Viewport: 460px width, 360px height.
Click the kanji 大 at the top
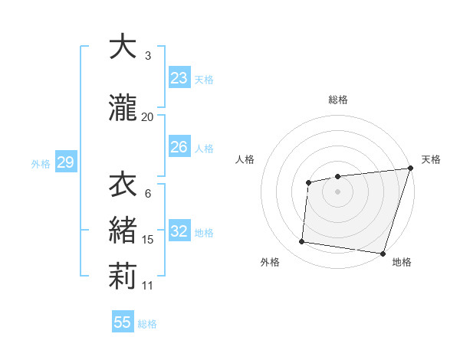point(123,47)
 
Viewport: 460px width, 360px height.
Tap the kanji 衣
point(123,185)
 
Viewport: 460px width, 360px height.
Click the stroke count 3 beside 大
point(147,56)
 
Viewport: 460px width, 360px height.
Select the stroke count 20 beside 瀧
point(147,116)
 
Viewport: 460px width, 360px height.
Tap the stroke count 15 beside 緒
point(148,240)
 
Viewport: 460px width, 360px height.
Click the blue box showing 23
point(179,78)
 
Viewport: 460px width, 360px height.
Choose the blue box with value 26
point(179,147)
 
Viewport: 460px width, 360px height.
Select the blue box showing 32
point(179,231)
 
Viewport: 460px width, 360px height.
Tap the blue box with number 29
point(65,162)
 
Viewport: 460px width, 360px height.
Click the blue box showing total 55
point(123,322)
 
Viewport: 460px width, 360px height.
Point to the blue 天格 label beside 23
point(204,79)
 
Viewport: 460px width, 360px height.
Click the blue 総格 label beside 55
point(147,323)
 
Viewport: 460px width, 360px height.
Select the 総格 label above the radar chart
point(338,100)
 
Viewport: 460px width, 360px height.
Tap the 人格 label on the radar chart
point(245,159)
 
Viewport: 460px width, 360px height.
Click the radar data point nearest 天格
point(409,169)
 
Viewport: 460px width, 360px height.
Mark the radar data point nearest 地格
point(383,254)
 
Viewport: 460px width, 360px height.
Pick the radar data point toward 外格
point(302,242)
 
